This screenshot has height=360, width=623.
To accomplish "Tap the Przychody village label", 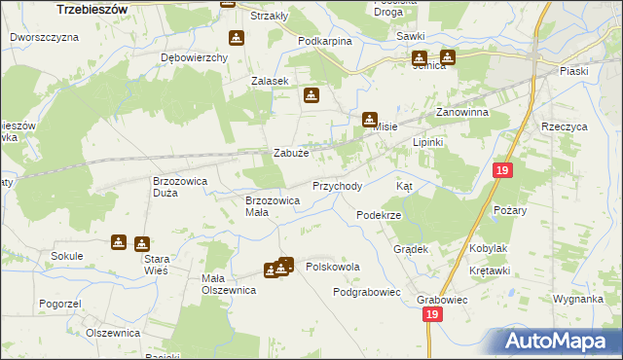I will [x=337, y=186].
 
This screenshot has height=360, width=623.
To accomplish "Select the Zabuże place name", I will [x=291, y=153].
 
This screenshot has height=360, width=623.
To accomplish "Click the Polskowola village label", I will [x=333, y=266].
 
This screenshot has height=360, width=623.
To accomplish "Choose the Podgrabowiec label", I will [x=367, y=292].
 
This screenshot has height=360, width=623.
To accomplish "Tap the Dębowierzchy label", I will [x=194, y=57].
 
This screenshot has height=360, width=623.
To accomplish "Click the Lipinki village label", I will [x=428, y=142].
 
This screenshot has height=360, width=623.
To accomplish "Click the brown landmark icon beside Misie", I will [x=370, y=121].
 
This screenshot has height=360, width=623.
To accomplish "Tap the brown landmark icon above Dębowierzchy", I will [x=236, y=39].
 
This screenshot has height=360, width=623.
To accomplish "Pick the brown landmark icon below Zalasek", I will [x=311, y=96].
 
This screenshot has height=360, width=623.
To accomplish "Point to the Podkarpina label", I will [x=325, y=41].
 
